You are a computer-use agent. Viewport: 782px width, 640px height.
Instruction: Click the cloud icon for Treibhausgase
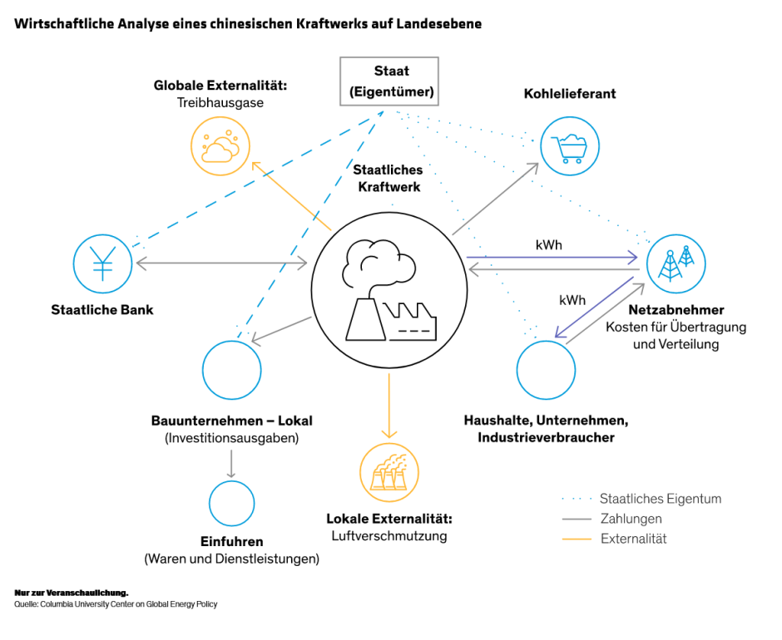tap(220, 145)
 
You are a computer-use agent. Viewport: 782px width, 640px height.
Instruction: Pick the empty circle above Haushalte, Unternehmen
tap(546, 369)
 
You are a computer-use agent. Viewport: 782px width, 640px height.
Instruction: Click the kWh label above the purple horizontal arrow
tap(548, 246)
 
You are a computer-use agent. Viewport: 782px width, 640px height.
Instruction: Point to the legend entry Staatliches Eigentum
tap(660, 499)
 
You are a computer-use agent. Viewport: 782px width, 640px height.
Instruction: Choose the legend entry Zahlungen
tap(631, 519)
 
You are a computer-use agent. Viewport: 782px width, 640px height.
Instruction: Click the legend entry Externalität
tap(633, 539)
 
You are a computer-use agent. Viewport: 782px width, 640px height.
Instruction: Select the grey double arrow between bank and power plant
tap(220, 263)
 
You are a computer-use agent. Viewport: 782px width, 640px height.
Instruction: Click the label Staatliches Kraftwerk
tap(389, 178)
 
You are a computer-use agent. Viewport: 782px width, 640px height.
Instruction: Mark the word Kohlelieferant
tap(570, 93)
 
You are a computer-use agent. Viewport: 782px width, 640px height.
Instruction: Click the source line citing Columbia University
tap(116, 604)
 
